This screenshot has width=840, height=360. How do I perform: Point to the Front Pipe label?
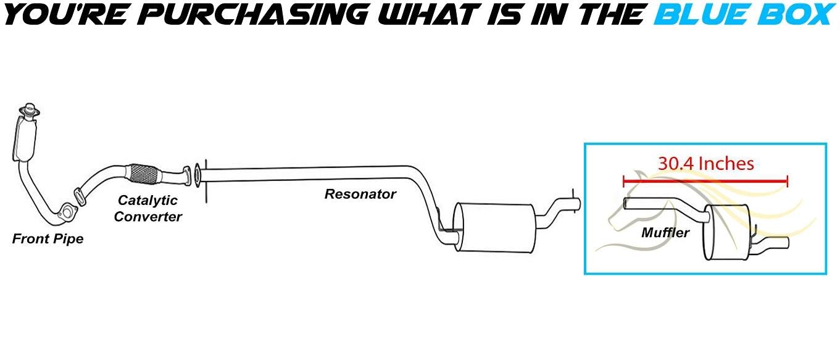tap(48, 239)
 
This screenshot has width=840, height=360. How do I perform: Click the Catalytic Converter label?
tap(148, 208)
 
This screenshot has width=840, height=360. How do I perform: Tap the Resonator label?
tap(360, 194)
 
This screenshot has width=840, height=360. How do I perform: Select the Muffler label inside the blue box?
tap(665, 233)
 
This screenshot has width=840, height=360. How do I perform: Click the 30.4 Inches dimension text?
tap(705, 164)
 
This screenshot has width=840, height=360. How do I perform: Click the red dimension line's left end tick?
tap(625, 182)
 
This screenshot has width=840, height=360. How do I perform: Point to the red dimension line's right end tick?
tap(787, 182)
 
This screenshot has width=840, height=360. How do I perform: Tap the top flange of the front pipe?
tap(28, 111)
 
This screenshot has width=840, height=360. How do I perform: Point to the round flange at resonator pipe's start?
tap(196, 175)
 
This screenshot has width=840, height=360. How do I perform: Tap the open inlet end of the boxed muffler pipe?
tap(626, 203)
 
